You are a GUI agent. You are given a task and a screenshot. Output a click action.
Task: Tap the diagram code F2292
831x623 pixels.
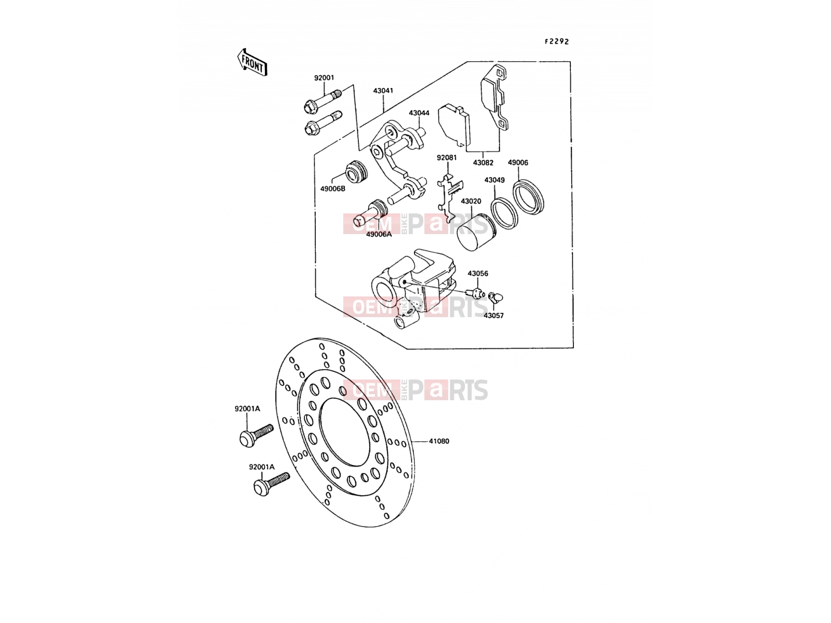pos(557,42)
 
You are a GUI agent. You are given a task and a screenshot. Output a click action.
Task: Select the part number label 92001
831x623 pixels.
pos(324,78)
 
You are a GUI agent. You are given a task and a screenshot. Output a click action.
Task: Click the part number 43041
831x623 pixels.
pos(383,91)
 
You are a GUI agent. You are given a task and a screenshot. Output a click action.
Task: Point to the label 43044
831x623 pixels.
pos(419,113)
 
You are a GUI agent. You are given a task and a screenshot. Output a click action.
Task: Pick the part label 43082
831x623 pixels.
pos(483,163)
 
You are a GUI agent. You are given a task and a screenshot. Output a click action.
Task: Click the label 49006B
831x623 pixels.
pos(333,188)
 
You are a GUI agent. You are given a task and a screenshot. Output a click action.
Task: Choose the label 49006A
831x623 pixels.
pos(379,234)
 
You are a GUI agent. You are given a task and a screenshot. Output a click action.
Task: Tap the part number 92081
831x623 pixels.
pos(447,157)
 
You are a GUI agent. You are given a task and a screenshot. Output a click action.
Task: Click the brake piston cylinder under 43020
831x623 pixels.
pos(475,233)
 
